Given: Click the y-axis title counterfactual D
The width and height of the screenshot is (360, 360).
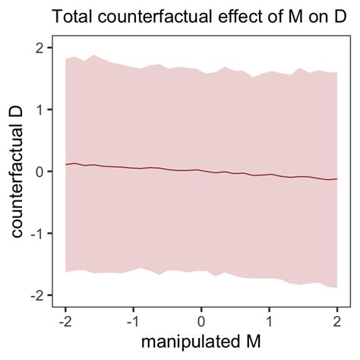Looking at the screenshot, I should [19, 172].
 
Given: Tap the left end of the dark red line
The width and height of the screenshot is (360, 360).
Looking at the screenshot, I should [66, 164].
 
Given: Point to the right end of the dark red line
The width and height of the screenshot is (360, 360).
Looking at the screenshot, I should [336, 179].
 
